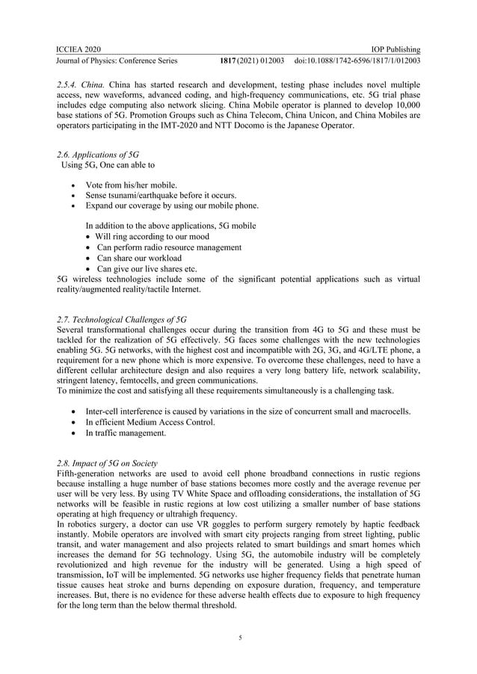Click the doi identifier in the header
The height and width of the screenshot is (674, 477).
pyautogui.click(x=357, y=61)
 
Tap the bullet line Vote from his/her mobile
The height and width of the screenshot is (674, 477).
pyautogui.click(x=131, y=185)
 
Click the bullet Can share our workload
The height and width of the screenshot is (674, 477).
pyautogui.click(x=139, y=258)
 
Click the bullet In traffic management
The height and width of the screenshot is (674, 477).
pyautogui.click(x=126, y=433)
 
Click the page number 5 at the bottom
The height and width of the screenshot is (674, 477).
pyautogui.click(x=238, y=637)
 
